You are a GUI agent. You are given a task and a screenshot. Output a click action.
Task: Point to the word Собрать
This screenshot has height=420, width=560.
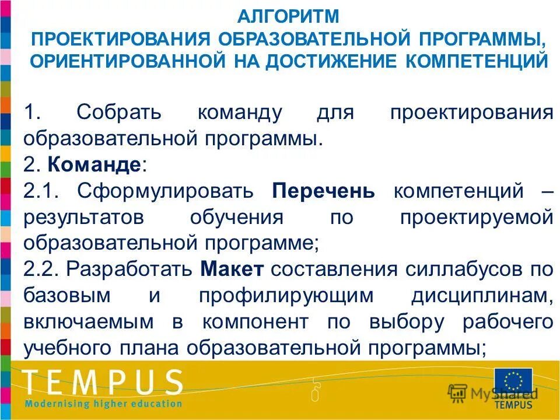point(126,112)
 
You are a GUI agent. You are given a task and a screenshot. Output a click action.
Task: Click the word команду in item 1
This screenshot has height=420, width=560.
point(239,112)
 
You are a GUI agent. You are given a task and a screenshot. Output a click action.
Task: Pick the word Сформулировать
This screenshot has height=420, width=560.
point(165,191)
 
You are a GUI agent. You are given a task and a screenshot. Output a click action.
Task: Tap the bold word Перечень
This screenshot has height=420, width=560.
point(323,191)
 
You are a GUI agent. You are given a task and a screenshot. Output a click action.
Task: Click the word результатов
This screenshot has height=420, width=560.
point(84,218)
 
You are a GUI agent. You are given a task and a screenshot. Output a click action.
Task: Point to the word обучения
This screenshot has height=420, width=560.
point(236,218)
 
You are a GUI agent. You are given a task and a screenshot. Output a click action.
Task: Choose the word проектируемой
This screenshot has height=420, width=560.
point(476,218)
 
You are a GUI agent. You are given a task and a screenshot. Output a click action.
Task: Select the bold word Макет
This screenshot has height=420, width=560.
point(232,270)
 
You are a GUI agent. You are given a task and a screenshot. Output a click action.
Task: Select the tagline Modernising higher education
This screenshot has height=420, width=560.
point(103,403)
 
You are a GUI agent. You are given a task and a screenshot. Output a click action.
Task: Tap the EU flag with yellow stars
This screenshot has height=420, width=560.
point(513,383)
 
